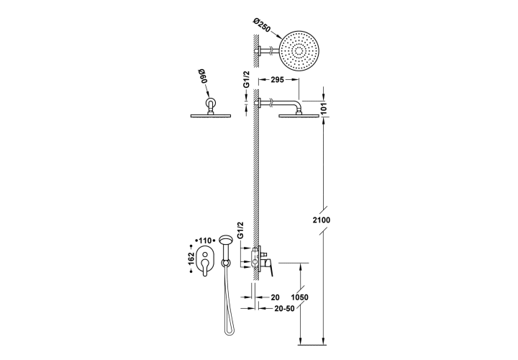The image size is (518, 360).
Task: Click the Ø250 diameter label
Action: [x=262, y=24]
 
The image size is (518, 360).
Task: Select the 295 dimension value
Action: [x=277, y=80]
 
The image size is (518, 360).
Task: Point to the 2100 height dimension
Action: [x=322, y=220]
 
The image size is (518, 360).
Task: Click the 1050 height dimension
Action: [x=299, y=297]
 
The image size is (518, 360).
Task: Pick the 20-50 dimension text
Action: [x=284, y=308]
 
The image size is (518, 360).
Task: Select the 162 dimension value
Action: [x=190, y=259]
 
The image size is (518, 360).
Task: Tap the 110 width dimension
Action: [x=206, y=240]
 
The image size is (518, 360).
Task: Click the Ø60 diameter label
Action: [x=202, y=76]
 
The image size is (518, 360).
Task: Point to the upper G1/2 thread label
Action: [x=246, y=80]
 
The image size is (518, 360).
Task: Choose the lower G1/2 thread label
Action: [x=240, y=230]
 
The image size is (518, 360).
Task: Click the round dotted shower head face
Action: [x=299, y=51]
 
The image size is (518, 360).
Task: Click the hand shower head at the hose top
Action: [x=226, y=239]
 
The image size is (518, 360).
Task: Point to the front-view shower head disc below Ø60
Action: [x=211, y=116]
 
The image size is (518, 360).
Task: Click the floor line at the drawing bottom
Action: [x=312, y=345]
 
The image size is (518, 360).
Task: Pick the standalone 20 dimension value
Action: [x=275, y=297]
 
